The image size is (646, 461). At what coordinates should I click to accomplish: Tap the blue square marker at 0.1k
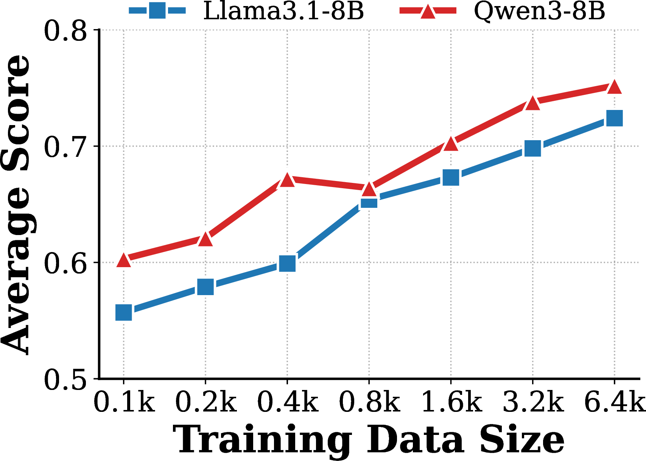[124, 312]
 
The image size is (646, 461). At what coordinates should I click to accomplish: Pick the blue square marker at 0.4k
[287, 263]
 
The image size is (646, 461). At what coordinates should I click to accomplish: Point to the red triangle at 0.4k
[287, 180]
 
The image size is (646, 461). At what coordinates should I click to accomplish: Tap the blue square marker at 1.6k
[451, 177]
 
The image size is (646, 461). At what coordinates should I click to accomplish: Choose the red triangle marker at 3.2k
[533, 103]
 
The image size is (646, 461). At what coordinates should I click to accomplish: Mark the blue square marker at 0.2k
[205, 287]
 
